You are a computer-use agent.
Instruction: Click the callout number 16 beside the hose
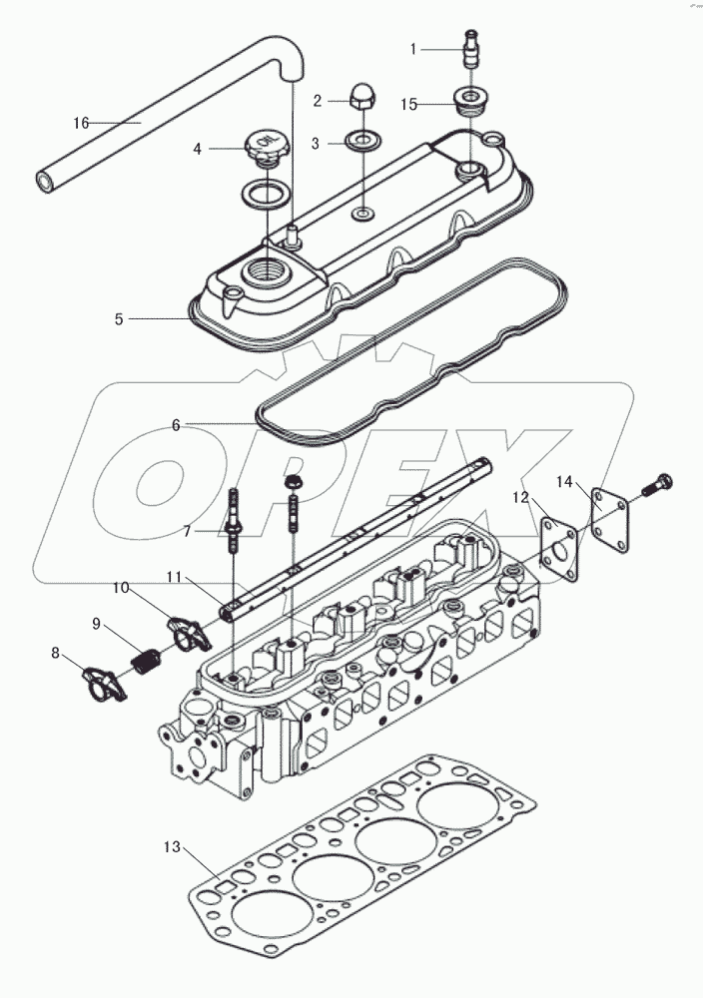[81, 123]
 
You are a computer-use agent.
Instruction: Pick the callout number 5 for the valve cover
[119, 319]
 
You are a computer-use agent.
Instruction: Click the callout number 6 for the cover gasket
[176, 424]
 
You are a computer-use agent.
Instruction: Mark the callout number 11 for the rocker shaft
[175, 577]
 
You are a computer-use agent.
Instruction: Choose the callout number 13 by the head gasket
[172, 847]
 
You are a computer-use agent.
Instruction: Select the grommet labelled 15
[466, 101]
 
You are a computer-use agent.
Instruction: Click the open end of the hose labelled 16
[45, 182]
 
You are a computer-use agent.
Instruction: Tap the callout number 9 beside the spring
[97, 625]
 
